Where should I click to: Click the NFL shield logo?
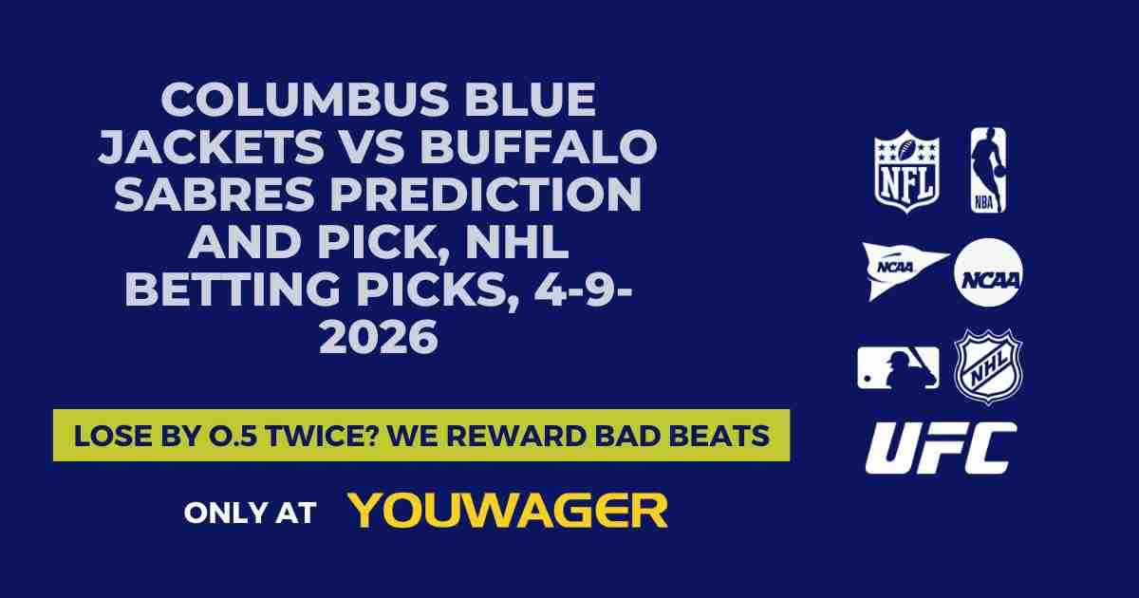(x=906, y=171)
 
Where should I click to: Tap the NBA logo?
(x=987, y=171)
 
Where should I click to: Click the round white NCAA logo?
(x=988, y=271)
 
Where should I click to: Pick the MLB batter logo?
(x=898, y=367)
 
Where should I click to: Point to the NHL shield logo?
(x=988, y=366)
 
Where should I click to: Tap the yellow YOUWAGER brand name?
(x=509, y=511)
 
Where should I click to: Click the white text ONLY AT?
(x=249, y=513)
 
